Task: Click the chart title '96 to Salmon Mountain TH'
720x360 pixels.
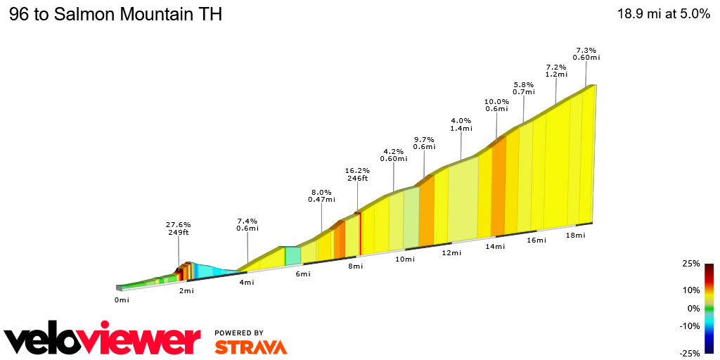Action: (115, 15)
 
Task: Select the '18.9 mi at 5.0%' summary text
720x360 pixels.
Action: (663, 15)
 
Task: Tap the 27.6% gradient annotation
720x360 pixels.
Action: (179, 229)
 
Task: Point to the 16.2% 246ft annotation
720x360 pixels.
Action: (357, 174)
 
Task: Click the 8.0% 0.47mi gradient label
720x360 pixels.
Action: (321, 195)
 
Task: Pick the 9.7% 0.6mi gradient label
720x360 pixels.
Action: (424, 143)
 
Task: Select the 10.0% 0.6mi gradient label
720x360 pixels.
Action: (496, 105)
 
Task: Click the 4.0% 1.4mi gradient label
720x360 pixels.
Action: (461, 124)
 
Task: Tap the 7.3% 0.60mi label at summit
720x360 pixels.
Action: (586, 53)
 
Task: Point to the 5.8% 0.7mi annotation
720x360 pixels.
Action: (524, 88)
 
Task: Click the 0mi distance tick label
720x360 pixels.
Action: (122, 300)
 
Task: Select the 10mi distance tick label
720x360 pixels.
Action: (404, 259)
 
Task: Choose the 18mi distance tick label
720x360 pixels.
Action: (575, 235)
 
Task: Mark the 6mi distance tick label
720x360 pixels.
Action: (302, 274)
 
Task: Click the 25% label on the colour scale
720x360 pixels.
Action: (690, 264)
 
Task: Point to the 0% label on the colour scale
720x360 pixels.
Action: (693, 308)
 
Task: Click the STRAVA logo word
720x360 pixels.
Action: (250, 347)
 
